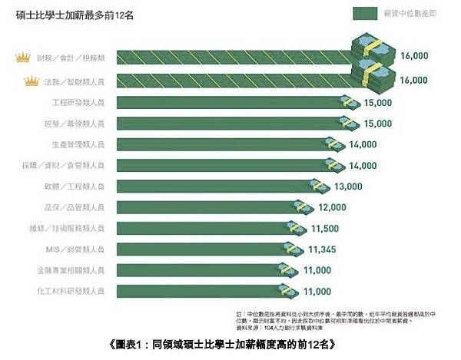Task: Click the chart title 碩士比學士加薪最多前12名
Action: (x=73, y=15)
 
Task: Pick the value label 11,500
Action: (x=327, y=228)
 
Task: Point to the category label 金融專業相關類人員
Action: (x=81, y=270)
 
